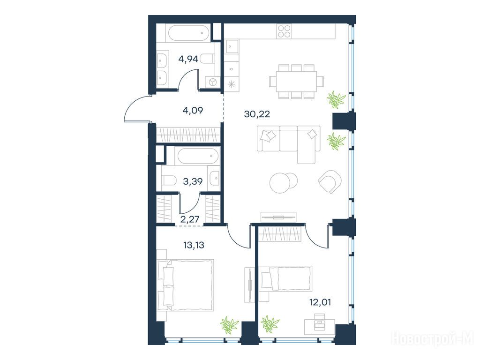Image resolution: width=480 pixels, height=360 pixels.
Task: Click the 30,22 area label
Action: [x=257, y=114]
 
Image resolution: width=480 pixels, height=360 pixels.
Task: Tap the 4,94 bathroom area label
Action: [x=188, y=59]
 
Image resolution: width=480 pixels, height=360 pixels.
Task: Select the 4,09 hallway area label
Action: [x=193, y=110]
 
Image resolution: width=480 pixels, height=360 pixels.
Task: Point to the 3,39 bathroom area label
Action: [x=193, y=181]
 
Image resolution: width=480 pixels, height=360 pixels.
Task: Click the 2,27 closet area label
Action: [x=190, y=219]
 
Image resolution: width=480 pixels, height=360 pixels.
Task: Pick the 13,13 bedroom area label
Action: [x=194, y=245]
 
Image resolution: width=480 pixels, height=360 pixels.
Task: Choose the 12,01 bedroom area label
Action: [x=320, y=303]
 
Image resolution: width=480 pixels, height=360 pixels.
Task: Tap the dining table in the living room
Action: [x=297, y=82]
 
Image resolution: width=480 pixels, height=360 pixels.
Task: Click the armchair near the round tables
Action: [x=330, y=181]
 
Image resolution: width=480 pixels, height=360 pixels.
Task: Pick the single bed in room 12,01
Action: [x=285, y=278]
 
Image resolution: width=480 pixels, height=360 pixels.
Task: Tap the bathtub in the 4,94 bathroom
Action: [x=188, y=33]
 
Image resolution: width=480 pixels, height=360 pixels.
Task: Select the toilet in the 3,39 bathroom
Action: [x=168, y=180]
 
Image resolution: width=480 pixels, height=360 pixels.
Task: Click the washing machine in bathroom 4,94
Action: [x=213, y=82]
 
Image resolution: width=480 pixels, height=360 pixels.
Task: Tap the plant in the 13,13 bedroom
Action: [x=230, y=325]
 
